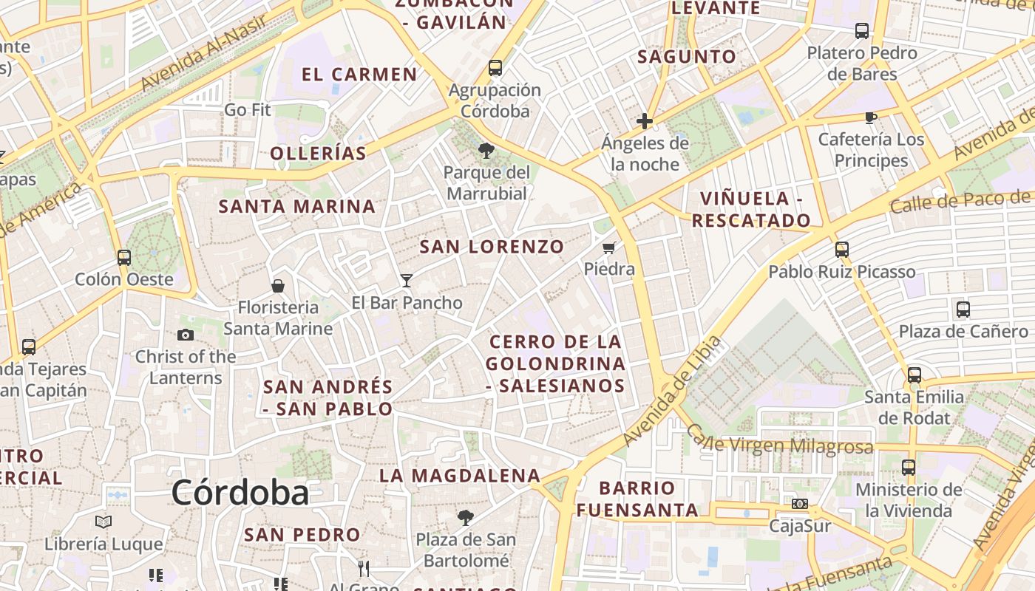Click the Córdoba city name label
click(240, 493)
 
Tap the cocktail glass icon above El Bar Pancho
click(407, 280)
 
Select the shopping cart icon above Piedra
click(609, 247)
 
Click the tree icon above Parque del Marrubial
click(486, 151)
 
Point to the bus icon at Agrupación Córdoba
click(495, 68)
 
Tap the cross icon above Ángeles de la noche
click(645, 121)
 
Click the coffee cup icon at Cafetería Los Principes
click(870, 117)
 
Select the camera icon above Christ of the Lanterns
click(186, 335)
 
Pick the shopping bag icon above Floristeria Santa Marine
click(278, 285)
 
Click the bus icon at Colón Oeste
click(124, 258)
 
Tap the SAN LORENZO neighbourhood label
click(492, 247)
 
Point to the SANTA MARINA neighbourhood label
click(297, 207)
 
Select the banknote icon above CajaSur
click(799, 504)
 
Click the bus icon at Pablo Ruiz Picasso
click(841, 250)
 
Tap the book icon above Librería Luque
click(103, 522)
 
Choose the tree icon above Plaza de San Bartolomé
click(465, 517)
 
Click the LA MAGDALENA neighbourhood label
click(460, 476)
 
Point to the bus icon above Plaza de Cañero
click(963, 310)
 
